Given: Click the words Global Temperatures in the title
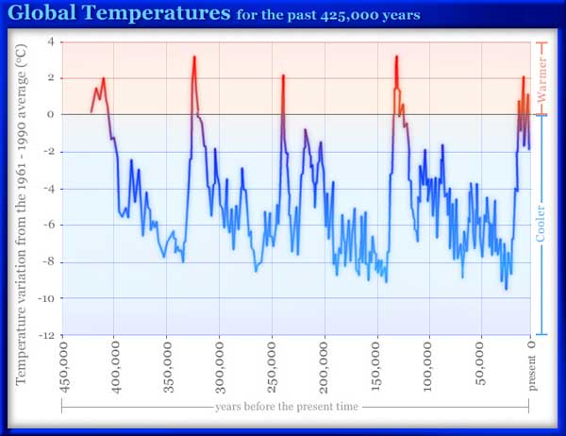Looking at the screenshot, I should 121,15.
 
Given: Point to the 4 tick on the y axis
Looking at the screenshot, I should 51,42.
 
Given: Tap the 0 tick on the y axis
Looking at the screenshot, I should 51,115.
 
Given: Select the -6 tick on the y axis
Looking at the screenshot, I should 49,226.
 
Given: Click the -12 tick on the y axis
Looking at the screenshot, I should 46,335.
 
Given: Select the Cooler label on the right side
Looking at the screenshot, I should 542,224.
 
